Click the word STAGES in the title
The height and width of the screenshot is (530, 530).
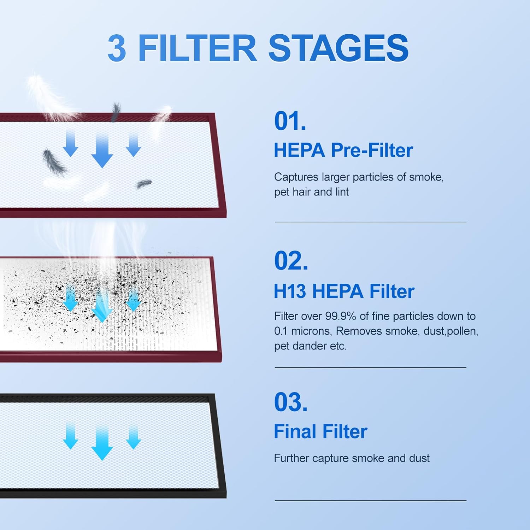point(338,48)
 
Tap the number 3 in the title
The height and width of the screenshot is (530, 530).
point(117,49)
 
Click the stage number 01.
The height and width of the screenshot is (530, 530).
point(290,121)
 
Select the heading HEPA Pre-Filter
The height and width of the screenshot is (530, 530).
point(343,151)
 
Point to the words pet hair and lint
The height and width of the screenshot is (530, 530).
point(311,192)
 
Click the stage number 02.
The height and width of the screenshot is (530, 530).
point(291,261)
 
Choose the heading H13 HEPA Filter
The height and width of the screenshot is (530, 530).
point(344,291)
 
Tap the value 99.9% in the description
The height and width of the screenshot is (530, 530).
point(340,316)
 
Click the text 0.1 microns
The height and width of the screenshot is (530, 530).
point(303,331)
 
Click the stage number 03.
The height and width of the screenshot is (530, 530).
point(291,402)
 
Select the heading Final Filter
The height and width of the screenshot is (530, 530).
point(320,431)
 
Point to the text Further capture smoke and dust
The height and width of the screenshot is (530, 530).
point(352,458)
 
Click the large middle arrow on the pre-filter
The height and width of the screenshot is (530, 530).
point(102,151)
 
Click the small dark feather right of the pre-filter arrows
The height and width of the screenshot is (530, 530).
point(144,183)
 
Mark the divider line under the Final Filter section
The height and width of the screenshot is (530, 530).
point(370,500)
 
